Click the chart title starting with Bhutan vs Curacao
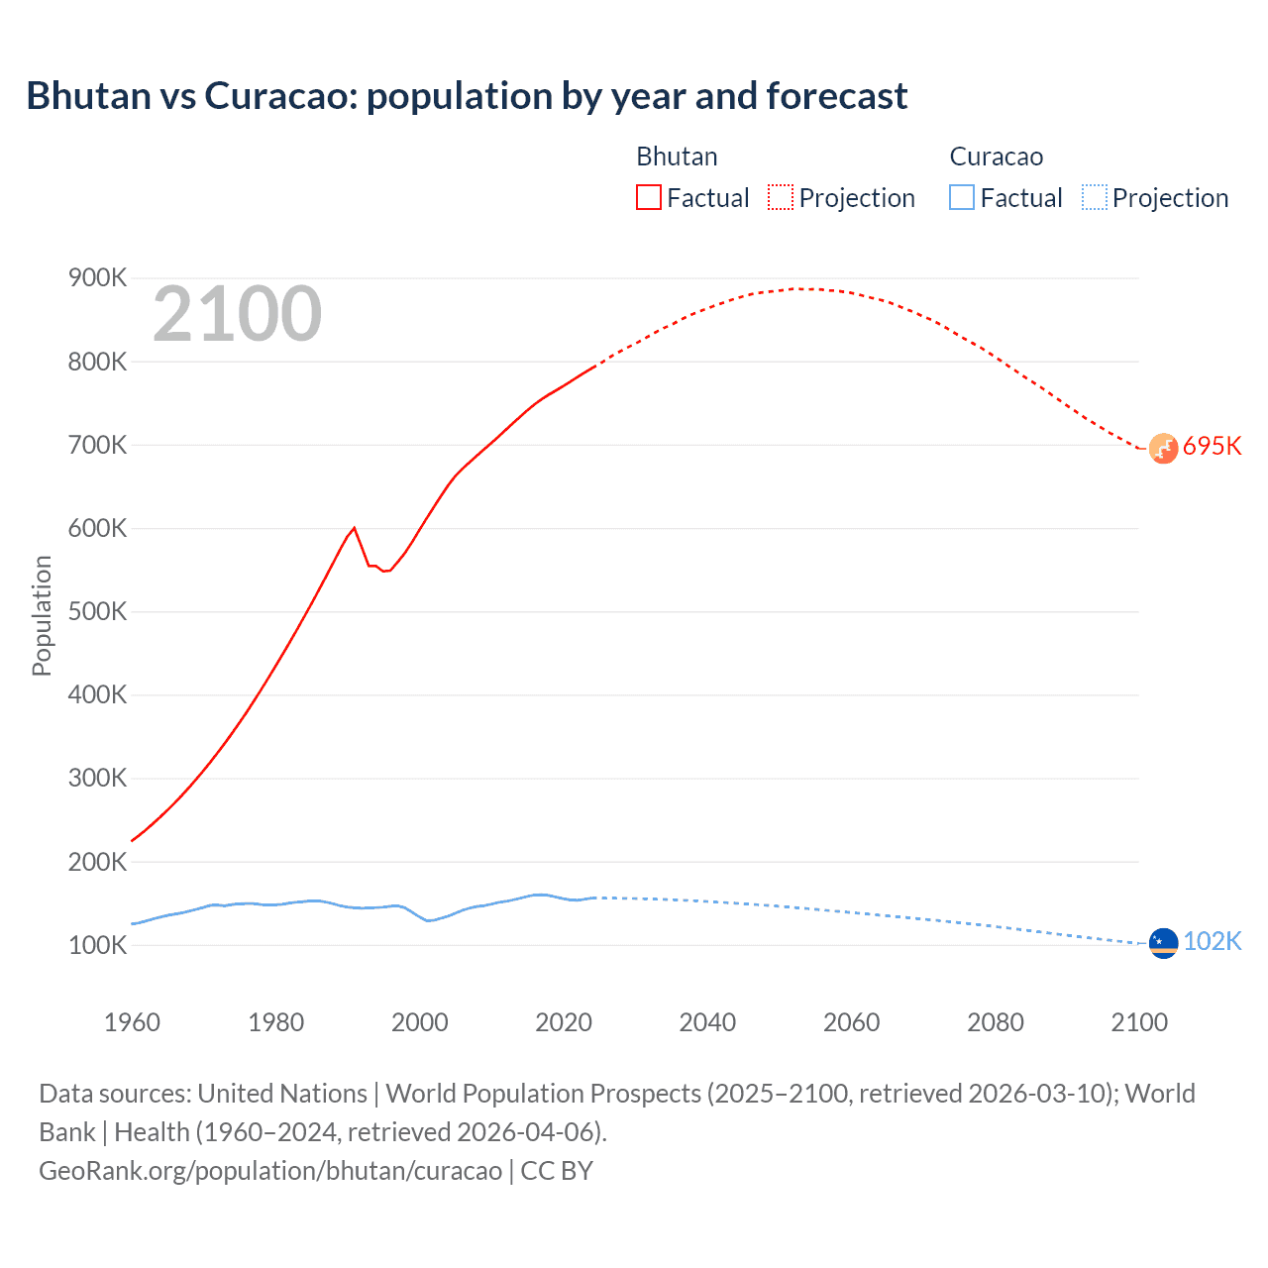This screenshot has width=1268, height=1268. click(467, 96)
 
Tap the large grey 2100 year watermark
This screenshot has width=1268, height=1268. click(237, 314)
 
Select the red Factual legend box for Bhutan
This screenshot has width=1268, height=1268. click(649, 197)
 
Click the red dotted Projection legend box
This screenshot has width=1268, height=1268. click(781, 197)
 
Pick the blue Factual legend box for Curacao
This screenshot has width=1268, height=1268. click(962, 197)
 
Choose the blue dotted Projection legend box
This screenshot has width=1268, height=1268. click(1094, 197)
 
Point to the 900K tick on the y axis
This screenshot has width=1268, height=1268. click(98, 278)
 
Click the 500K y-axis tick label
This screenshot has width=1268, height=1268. click(98, 611)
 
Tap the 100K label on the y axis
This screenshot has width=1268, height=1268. click(98, 945)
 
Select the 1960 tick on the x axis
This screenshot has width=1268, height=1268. click(132, 1022)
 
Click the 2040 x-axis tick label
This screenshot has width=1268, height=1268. click(707, 1022)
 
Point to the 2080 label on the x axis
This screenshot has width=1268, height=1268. click(996, 1022)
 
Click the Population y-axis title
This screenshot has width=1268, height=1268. click(42, 615)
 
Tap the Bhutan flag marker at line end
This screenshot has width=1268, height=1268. click(1163, 448)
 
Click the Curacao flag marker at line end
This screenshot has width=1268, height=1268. click(1163, 943)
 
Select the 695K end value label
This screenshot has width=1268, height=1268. click(1213, 446)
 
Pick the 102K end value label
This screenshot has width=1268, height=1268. click(1213, 941)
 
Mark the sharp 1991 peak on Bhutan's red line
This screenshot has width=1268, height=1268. click(355, 528)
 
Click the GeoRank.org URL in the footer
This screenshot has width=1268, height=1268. click(270, 1171)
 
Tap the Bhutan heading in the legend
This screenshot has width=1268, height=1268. click(677, 157)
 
